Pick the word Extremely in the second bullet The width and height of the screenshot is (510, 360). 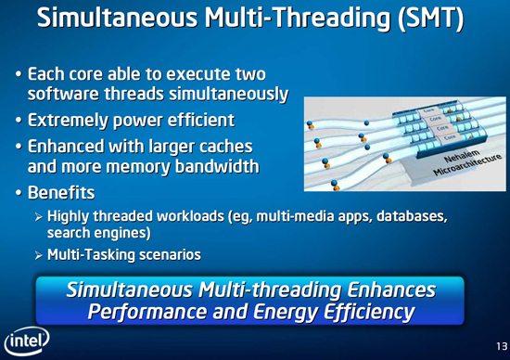point(72,121)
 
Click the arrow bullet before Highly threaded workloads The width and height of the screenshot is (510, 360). point(38,217)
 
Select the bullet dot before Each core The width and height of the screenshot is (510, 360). point(19,73)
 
